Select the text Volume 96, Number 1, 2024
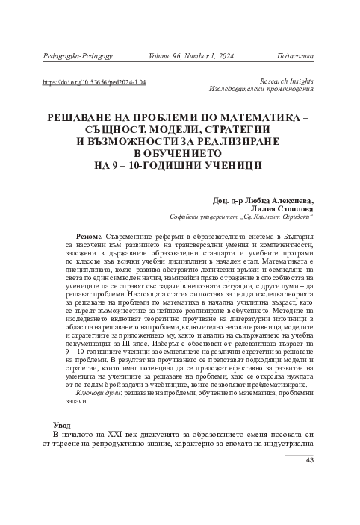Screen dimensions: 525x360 pyautogui.click(x=190, y=55)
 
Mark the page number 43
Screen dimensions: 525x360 pyautogui.click(x=312, y=481)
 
